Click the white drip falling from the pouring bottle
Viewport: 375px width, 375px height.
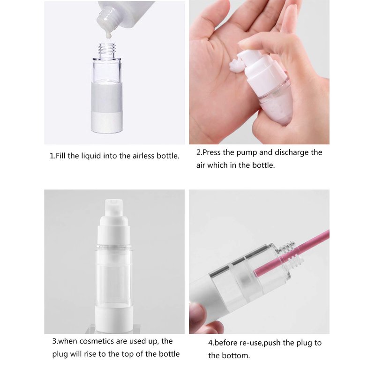[x=108, y=34]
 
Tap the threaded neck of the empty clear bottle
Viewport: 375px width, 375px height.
[x=107, y=51]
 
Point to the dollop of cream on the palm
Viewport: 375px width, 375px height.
[x=237, y=66]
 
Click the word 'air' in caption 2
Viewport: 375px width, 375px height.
[x=201, y=165]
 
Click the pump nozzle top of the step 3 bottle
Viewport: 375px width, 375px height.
[x=114, y=208]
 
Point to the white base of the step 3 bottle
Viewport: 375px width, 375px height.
[x=114, y=318]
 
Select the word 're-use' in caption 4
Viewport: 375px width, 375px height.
[x=251, y=343]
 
